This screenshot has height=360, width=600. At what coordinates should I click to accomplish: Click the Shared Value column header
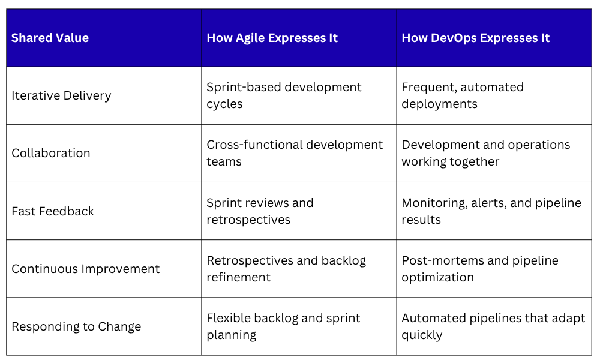pyautogui.click(x=50, y=38)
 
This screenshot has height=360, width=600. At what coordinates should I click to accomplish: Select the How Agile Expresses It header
pyautogui.click(x=272, y=38)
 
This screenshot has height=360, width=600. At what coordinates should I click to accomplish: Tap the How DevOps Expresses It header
pyautogui.click(x=475, y=38)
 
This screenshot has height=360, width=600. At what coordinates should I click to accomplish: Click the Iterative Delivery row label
pyautogui.click(x=61, y=95)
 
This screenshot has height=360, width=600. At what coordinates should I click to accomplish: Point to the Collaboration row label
pyautogui.click(x=51, y=153)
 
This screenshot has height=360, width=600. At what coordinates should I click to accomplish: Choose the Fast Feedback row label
pyautogui.click(x=53, y=211)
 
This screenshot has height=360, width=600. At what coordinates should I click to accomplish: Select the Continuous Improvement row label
pyautogui.click(x=86, y=269)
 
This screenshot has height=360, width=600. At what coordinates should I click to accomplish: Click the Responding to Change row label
pyautogui.click(x=77, y=326)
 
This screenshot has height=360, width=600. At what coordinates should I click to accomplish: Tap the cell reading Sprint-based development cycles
pyautogui.click(x=284, y=95)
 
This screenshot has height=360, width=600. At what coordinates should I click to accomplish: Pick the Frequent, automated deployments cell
pyautogui.click(x=463, y=95)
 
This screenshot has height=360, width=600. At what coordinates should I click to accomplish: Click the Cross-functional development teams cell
pyautogui.click(x=295, y=153)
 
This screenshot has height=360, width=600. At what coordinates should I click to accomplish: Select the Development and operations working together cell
pyautogui.click(x=486, y=153)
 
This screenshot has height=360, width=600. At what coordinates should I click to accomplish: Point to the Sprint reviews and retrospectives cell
pyautogui.click(x=260, y=211)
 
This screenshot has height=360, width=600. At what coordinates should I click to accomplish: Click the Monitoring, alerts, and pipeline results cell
pyautogui.click(x=492, y=211)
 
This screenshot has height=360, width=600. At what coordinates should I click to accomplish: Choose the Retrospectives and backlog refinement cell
pyautogui.click(x=286, y=269)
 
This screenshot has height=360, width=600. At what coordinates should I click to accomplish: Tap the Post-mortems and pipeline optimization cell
pyautogui.click(x=480, y=269)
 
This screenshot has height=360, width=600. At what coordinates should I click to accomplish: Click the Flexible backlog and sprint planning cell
pyautogui.click(x=284, y=326)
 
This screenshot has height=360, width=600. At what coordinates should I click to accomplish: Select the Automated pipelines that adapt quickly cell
pyautogui.click(x=494, y=326)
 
